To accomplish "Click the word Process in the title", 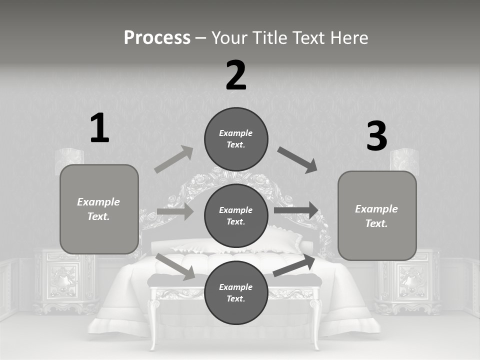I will point(157,37).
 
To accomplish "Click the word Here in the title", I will point(347,37).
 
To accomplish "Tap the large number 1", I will point(99,128).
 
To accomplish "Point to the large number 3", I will point(376,136).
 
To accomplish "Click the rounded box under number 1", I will point(99,209).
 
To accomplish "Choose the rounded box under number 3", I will point(377,215).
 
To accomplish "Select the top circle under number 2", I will point(236,138).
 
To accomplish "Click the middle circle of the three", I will point(236,215).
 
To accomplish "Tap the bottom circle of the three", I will point(236,292).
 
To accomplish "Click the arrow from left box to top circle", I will point(174,159).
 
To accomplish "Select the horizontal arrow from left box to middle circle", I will point(175,211).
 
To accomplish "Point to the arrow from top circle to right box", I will point(297,160).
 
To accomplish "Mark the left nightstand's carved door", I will point(63,280).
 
